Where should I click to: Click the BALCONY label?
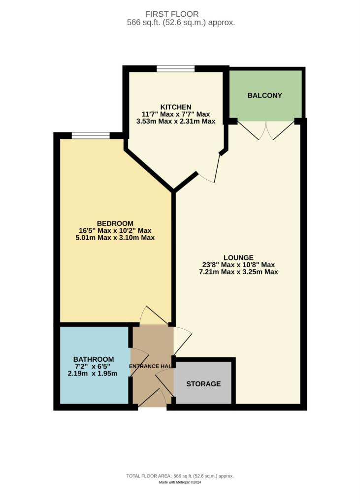[265, 95]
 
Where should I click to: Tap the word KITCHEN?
[176, 107]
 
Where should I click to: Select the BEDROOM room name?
[115, 223]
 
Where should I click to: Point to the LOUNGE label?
[238, 257]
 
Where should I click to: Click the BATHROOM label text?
[94, 359]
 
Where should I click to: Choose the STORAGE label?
[203, 384]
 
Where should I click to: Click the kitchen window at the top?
[175, 69]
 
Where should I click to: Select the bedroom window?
[91, 135]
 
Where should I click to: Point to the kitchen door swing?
[209, 170]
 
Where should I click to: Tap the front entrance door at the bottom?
[153, 399]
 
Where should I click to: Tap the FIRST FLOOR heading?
[179, 14]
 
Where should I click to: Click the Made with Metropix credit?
[180, 482]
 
